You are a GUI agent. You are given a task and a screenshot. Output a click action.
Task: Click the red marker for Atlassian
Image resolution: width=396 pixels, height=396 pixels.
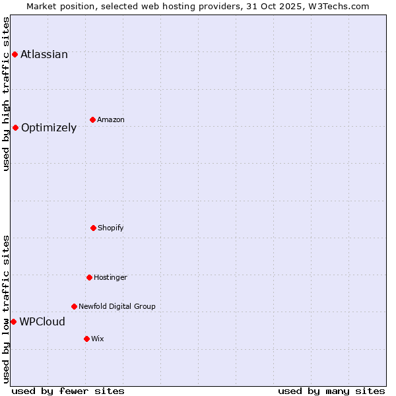(15, 54)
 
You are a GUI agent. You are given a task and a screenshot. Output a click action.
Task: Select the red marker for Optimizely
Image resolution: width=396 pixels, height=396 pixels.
(15, 127)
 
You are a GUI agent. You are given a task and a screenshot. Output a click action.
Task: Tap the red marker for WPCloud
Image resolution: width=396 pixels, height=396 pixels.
(13, 321)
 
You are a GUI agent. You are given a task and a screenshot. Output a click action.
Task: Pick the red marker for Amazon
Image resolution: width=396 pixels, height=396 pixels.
(92, 119)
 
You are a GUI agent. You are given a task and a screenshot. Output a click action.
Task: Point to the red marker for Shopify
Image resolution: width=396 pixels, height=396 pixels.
(93, 228)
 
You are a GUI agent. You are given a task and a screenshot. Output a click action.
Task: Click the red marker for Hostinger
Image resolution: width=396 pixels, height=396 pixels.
(89, 277)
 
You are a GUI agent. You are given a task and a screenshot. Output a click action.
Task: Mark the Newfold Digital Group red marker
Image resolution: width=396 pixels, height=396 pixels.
(74, 306)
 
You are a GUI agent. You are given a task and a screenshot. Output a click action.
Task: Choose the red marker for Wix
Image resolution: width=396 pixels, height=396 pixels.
(86, 339)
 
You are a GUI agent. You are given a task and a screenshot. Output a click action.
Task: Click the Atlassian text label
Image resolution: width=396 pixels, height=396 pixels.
(44, 55)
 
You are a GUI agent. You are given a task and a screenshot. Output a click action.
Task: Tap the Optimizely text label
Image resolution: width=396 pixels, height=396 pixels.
(49, 128)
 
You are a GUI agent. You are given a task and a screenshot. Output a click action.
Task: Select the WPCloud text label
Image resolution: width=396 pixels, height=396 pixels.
(42, 322)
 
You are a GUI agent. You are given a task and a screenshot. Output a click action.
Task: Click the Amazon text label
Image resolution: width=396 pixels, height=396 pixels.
(111, 119)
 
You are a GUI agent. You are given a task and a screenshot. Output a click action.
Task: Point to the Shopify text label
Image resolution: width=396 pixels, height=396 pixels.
(111, 228)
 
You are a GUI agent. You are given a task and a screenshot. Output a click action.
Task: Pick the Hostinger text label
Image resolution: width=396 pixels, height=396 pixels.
(110, 277)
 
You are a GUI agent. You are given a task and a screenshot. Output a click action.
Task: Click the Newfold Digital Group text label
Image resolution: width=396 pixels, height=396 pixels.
(117, 306)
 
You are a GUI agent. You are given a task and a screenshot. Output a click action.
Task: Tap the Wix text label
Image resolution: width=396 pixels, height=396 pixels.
(98, 339)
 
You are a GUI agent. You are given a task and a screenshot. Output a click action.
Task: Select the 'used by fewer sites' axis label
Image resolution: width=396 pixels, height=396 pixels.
(68, 391)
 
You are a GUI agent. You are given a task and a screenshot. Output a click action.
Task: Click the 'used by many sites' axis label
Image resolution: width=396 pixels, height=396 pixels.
(331, 391)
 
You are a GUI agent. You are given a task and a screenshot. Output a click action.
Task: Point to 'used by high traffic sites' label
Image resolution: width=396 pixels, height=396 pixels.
(6, 94)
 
